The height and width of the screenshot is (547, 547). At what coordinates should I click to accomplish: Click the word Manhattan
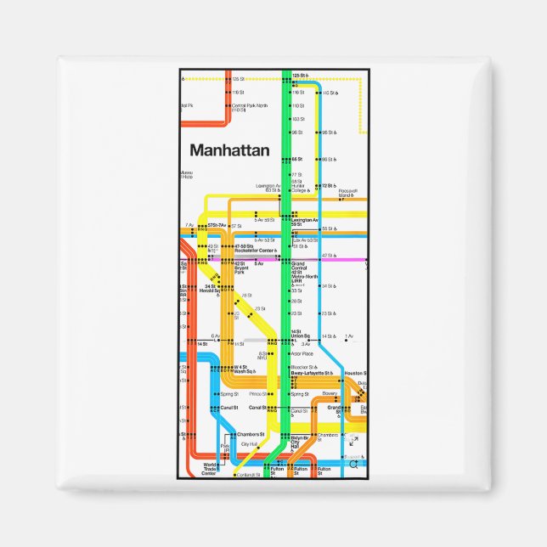[x=229, y=150]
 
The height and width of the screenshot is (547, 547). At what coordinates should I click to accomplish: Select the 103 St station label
[x=297, y=119]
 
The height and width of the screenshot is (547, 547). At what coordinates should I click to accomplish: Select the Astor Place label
[x=302, y=353]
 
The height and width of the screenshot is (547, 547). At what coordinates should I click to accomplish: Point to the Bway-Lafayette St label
[x=311, y=373]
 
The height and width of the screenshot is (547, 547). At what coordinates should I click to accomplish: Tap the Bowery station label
[x=330, y=394]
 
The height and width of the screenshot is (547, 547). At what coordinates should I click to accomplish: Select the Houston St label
[x=356, y=373]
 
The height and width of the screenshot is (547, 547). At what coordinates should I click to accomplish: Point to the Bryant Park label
[x=240, y=269]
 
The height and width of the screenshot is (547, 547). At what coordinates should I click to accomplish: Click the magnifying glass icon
[x=354, y=464]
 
